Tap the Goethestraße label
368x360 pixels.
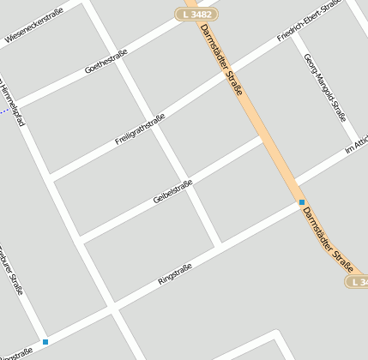106,61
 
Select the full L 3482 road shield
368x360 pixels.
196,14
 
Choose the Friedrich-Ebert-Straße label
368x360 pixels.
309,21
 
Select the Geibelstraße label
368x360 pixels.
172,191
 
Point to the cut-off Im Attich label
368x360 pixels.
355,145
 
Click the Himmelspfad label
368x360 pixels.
12,104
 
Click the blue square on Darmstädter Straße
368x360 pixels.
301,202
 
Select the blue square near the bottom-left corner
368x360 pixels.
45,342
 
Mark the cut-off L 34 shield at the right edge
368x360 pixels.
357,281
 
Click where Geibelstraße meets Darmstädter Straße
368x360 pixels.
261,137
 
